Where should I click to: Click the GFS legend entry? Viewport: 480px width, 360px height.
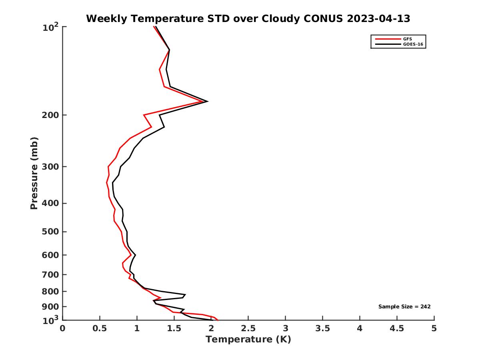click(x=407, y=39)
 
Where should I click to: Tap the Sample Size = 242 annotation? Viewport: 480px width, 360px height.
click(x=404, y=307)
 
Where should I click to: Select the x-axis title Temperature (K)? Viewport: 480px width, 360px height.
click(x=248, y=340)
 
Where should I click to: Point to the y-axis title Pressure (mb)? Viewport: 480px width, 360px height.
click(x=34, y=173)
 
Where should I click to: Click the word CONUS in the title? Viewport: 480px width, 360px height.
click(x=318, y=19)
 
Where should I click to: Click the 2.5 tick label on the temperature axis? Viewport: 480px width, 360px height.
click(x=248, y=329)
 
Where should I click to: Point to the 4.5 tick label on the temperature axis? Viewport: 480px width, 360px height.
click(x=397, y=329)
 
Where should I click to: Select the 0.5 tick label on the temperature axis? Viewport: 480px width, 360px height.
click(x=100, y=329)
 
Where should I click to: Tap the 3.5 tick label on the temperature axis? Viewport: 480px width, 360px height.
click(x=322, y=329)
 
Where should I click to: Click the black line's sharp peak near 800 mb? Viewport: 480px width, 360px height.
click(x=185, y=295)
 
